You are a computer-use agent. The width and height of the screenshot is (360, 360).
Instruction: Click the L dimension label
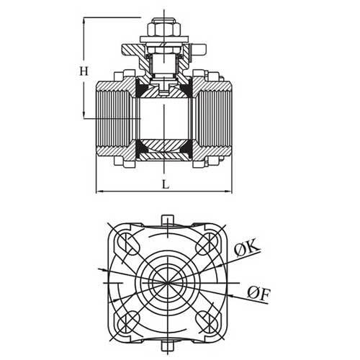[166, 184]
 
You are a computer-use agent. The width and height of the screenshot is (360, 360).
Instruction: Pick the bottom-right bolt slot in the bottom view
[210, 320]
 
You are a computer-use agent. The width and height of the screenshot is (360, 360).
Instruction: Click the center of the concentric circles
[167, 281]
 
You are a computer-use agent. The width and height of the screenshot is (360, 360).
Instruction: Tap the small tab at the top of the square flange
[167, 219]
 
